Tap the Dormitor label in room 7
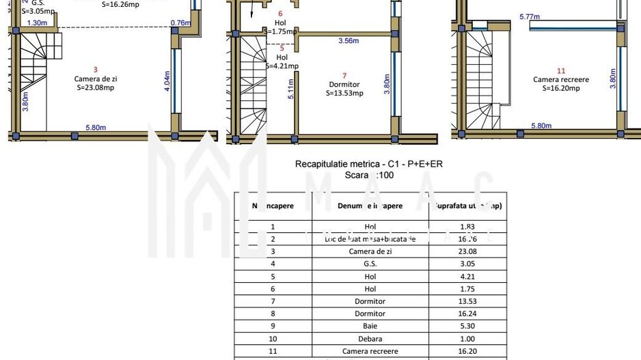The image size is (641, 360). pyautogui.click(x=344, y=85)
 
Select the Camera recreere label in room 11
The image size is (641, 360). pyautogui.click(x=561, y=79)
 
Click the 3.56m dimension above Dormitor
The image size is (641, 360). pyautogui.click(x=349, y=41)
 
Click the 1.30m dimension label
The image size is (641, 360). pyautogui.click(x=37, y=23)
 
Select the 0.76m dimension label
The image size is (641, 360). pyautogui.click(x=180, y=23)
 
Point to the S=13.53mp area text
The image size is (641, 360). pyautogui.click(x=344, y=93)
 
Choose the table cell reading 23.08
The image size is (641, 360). pyautogui.click(x=467, y=251)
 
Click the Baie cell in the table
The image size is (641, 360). pyautogui.click(x=370, y=326)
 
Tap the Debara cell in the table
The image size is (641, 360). pyautogui.click(x=370, y=338)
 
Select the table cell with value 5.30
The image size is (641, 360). pyautogui.click(x=467, y=326)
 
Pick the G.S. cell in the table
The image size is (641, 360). pyautogui.click(x=370, y=264)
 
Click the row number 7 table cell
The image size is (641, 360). pyautogui.click(x=273, y=301)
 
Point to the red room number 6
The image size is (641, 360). pyautogui.click(x=280, y=13)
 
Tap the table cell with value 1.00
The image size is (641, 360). pyautogui.click(x=467, y=338)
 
